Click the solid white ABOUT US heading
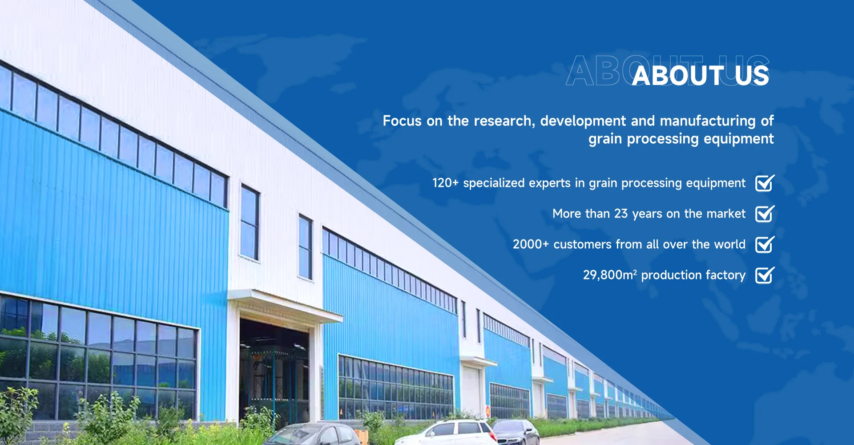[701, 75]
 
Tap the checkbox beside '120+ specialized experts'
[765, 183]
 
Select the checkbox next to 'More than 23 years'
[765, 214]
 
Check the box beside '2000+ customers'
[765, 244]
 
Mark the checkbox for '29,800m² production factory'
[765, 275]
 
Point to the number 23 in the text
[621, 214]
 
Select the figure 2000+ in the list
[531, 244]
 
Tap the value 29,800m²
[610, 275]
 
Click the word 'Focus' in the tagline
[402, 121]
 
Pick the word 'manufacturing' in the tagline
[708, 121]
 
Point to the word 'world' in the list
[730, 244]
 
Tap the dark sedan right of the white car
[516, 431]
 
